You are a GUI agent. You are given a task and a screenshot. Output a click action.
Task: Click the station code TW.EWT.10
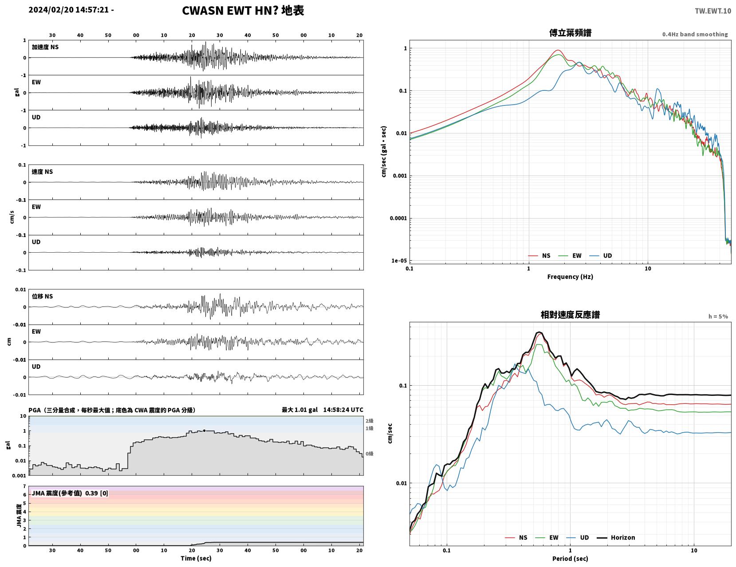pos(712,11)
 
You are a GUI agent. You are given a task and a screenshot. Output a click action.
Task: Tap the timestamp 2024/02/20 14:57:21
pos(68,10)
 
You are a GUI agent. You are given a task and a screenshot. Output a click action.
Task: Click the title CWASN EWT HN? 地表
pos(243,11)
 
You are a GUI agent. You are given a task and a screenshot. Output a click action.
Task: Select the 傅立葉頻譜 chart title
pos(570,33)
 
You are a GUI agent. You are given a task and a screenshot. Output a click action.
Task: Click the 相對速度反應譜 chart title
pos(570,315)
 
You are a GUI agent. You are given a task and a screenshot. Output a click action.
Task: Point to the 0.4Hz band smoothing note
pos(695,34)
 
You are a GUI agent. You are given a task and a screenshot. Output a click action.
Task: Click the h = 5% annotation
pos(718,317)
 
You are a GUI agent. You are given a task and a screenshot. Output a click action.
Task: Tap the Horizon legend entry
pos(616,538)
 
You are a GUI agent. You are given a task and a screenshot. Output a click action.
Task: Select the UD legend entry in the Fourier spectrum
pos(601,256)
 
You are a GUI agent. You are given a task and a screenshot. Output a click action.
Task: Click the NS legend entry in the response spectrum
pos(516,538)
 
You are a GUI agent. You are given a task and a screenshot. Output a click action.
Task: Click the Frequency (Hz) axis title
pos(570,277)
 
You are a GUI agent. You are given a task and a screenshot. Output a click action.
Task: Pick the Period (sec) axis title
pos(570,559)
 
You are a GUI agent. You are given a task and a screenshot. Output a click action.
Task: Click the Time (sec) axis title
pos(196,558)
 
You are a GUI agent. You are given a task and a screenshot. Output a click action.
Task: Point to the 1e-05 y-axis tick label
pos(399,261)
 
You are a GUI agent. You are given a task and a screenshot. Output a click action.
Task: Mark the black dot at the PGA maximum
pos(204,430)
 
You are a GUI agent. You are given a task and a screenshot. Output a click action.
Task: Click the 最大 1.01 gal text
pos(299,410)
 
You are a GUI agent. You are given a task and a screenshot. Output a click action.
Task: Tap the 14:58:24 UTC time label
pos(343,410)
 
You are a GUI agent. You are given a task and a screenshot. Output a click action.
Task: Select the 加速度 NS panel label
pos(45,47)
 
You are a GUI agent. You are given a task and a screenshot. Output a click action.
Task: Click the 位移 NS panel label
pos(42,296)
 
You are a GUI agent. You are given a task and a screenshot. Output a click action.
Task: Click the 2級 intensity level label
pos(369,421)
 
